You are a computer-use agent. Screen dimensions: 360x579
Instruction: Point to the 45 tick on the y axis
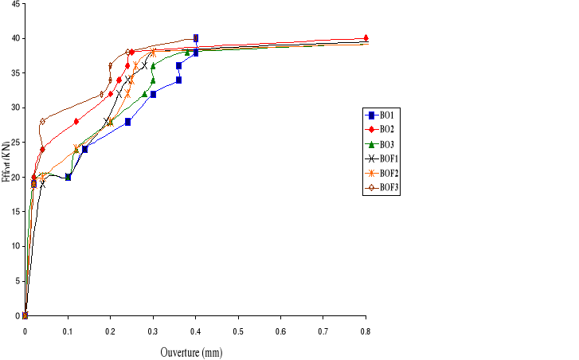15,3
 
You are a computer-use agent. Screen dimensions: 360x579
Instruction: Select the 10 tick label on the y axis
15,246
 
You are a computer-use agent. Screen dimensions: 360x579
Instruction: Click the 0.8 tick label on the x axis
366,330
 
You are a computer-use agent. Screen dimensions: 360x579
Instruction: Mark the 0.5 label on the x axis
238,330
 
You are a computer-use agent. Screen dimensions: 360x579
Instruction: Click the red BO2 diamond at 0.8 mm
366,38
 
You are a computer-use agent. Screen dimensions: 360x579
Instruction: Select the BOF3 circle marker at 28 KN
42,121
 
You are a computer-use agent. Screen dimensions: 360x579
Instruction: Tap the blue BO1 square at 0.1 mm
68,177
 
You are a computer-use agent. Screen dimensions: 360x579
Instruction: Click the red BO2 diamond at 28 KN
76,121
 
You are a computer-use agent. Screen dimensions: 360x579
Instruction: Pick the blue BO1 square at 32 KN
153,94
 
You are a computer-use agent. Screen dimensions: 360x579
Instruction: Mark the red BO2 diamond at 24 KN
42,149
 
